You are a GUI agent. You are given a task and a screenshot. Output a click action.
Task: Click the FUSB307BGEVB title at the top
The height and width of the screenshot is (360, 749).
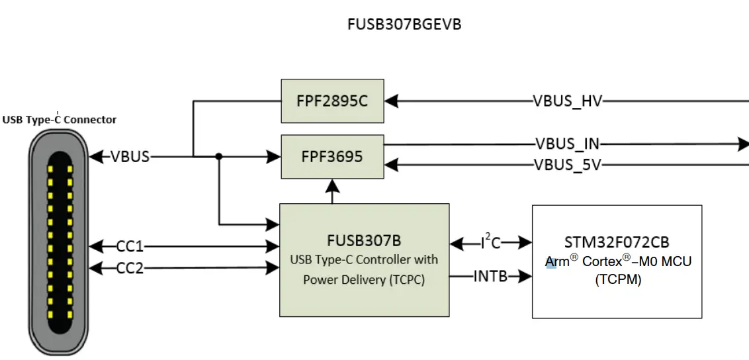[404, 24]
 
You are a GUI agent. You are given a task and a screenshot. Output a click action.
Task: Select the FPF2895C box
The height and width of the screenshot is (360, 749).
[332, 101]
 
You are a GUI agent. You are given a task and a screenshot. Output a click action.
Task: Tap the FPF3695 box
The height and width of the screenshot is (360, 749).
[332, 157]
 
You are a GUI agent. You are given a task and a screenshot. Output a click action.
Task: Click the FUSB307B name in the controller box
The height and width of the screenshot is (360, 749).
[364, 240]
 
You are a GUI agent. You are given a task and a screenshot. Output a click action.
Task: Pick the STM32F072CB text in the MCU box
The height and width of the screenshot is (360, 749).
[617, 242]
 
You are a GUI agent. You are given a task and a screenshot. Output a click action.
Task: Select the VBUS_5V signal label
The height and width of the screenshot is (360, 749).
[568, 165]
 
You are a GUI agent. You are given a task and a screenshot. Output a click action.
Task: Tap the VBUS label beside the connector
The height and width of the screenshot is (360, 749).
[130, 157]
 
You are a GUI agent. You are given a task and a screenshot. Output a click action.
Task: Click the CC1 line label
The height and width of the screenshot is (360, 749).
[130, 247]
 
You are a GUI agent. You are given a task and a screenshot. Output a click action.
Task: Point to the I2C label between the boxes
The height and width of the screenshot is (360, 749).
[490, 242]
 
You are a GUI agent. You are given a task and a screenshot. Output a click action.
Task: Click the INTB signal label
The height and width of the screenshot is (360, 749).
[490, 276]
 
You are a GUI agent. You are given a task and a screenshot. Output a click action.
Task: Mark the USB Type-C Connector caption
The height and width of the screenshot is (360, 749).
[60, 120]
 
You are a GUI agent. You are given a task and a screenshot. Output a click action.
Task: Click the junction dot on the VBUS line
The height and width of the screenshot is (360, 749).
[218, 157]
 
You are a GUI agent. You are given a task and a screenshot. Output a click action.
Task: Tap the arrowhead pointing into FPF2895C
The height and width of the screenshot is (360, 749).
[391, 101]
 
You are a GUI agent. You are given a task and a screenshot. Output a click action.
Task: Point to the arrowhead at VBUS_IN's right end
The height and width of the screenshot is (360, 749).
[744, 144]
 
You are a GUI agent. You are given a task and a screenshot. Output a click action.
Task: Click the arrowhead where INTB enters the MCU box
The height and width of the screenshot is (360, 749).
[526, 276]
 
